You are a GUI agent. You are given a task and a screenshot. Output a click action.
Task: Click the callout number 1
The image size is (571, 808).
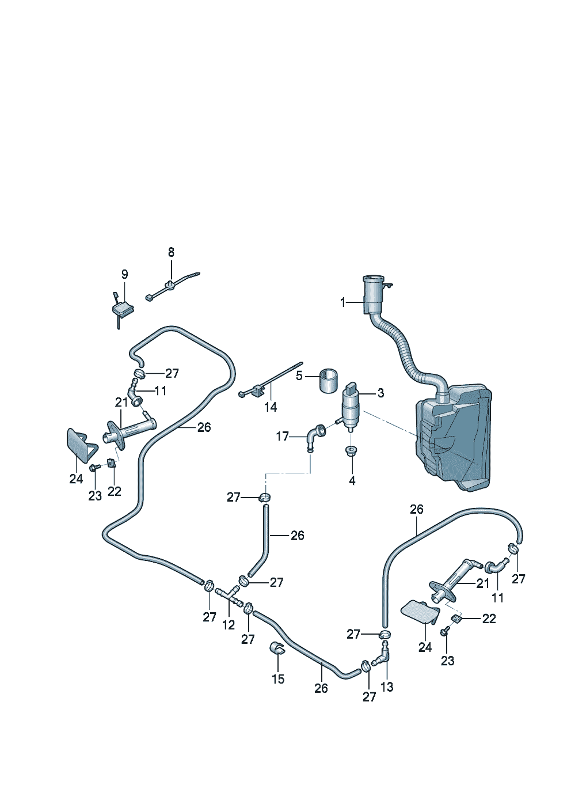coord(343,302)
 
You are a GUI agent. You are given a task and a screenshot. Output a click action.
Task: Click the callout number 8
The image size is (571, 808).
coord(171,252)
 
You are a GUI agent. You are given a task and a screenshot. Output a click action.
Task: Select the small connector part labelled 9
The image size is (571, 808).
coord(123,309)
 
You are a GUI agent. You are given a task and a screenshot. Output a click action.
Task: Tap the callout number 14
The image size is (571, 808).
coord(271,407)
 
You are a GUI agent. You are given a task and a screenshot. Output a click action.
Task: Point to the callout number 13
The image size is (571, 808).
coord(387,686)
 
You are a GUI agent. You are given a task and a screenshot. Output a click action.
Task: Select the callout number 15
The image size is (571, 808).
coord(278,679)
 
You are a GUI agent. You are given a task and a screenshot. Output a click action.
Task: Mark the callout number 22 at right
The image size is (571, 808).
coord(489,619)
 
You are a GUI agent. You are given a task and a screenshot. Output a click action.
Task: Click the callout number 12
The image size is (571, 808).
coord(229,624)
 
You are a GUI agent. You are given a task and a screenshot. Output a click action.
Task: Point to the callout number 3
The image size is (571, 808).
coord(380,393)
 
